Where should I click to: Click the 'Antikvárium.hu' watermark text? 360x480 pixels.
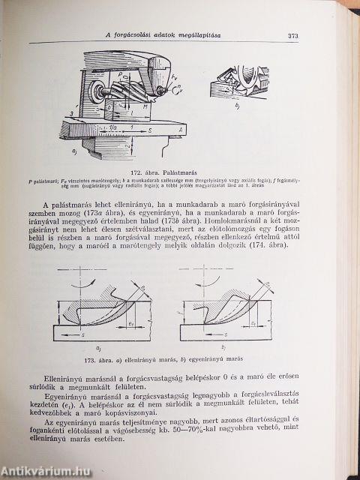click(x=39, y=470)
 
